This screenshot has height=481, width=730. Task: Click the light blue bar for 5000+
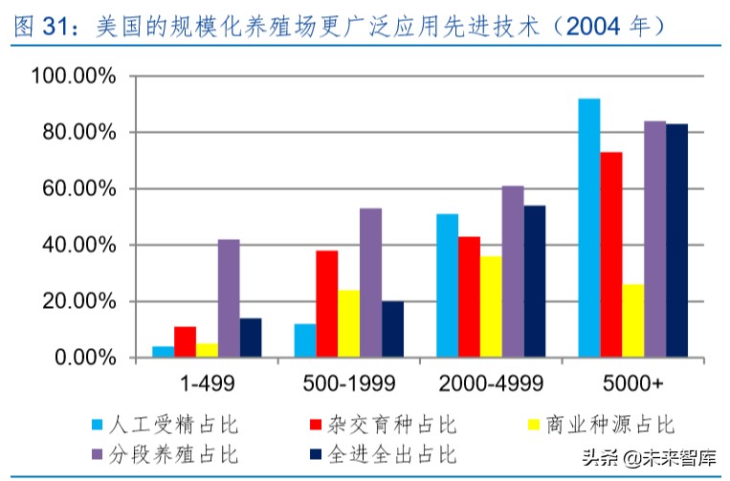[x=588, y=229]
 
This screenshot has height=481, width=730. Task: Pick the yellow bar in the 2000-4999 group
[x=491, y=307]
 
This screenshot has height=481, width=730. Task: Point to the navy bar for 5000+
[x=676, y=241]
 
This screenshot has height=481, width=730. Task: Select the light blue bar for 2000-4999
[x=447, y=286]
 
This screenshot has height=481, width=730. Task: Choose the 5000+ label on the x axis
[x=632, y=383]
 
